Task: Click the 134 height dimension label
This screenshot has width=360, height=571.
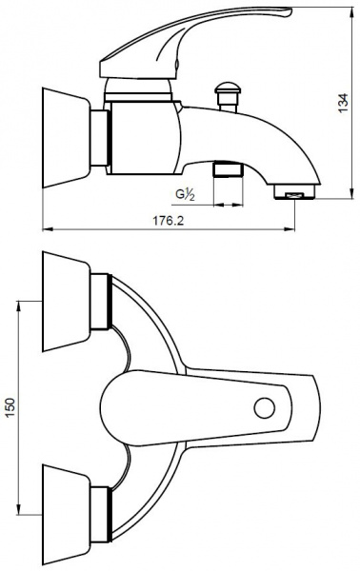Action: coord(343,103)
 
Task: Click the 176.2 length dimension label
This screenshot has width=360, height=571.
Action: coord(168,221)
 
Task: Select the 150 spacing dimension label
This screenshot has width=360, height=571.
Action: coord(10,408)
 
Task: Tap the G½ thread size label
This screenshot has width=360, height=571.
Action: coord(185,194)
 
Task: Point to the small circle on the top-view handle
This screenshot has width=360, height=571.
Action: coord(264,408)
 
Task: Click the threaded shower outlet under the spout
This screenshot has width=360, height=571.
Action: coord(229,168)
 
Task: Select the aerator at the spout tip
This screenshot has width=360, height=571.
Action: coord(294,192)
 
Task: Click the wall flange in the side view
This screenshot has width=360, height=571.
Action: coord(66,138)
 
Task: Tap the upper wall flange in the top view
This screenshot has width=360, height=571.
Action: coord(66,301)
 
